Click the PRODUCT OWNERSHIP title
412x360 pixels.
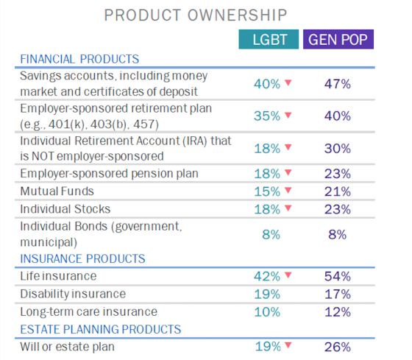[x=196, y=15]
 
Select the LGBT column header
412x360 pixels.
[x=269, y=40]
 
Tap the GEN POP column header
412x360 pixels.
[x=338, y=40]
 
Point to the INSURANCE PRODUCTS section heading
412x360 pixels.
[x=82, y=258]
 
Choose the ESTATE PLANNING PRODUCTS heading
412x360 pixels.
[x=100, y=329]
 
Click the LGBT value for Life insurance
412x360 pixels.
[x=267, y=276]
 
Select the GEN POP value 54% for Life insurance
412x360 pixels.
[x=338, y=276]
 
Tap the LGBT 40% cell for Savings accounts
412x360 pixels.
[x=267, y=83]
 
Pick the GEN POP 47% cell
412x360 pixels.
[x=338, y=83]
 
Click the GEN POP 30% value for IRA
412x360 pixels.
[x=338, y=148]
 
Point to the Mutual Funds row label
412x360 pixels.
[x=52, y=191]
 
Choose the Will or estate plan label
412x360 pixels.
[x=67, y=346]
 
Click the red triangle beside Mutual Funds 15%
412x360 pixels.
[x=288, y=191]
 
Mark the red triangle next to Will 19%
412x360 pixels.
[x=288, y=345]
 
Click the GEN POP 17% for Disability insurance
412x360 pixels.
[x=338, y=294]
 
